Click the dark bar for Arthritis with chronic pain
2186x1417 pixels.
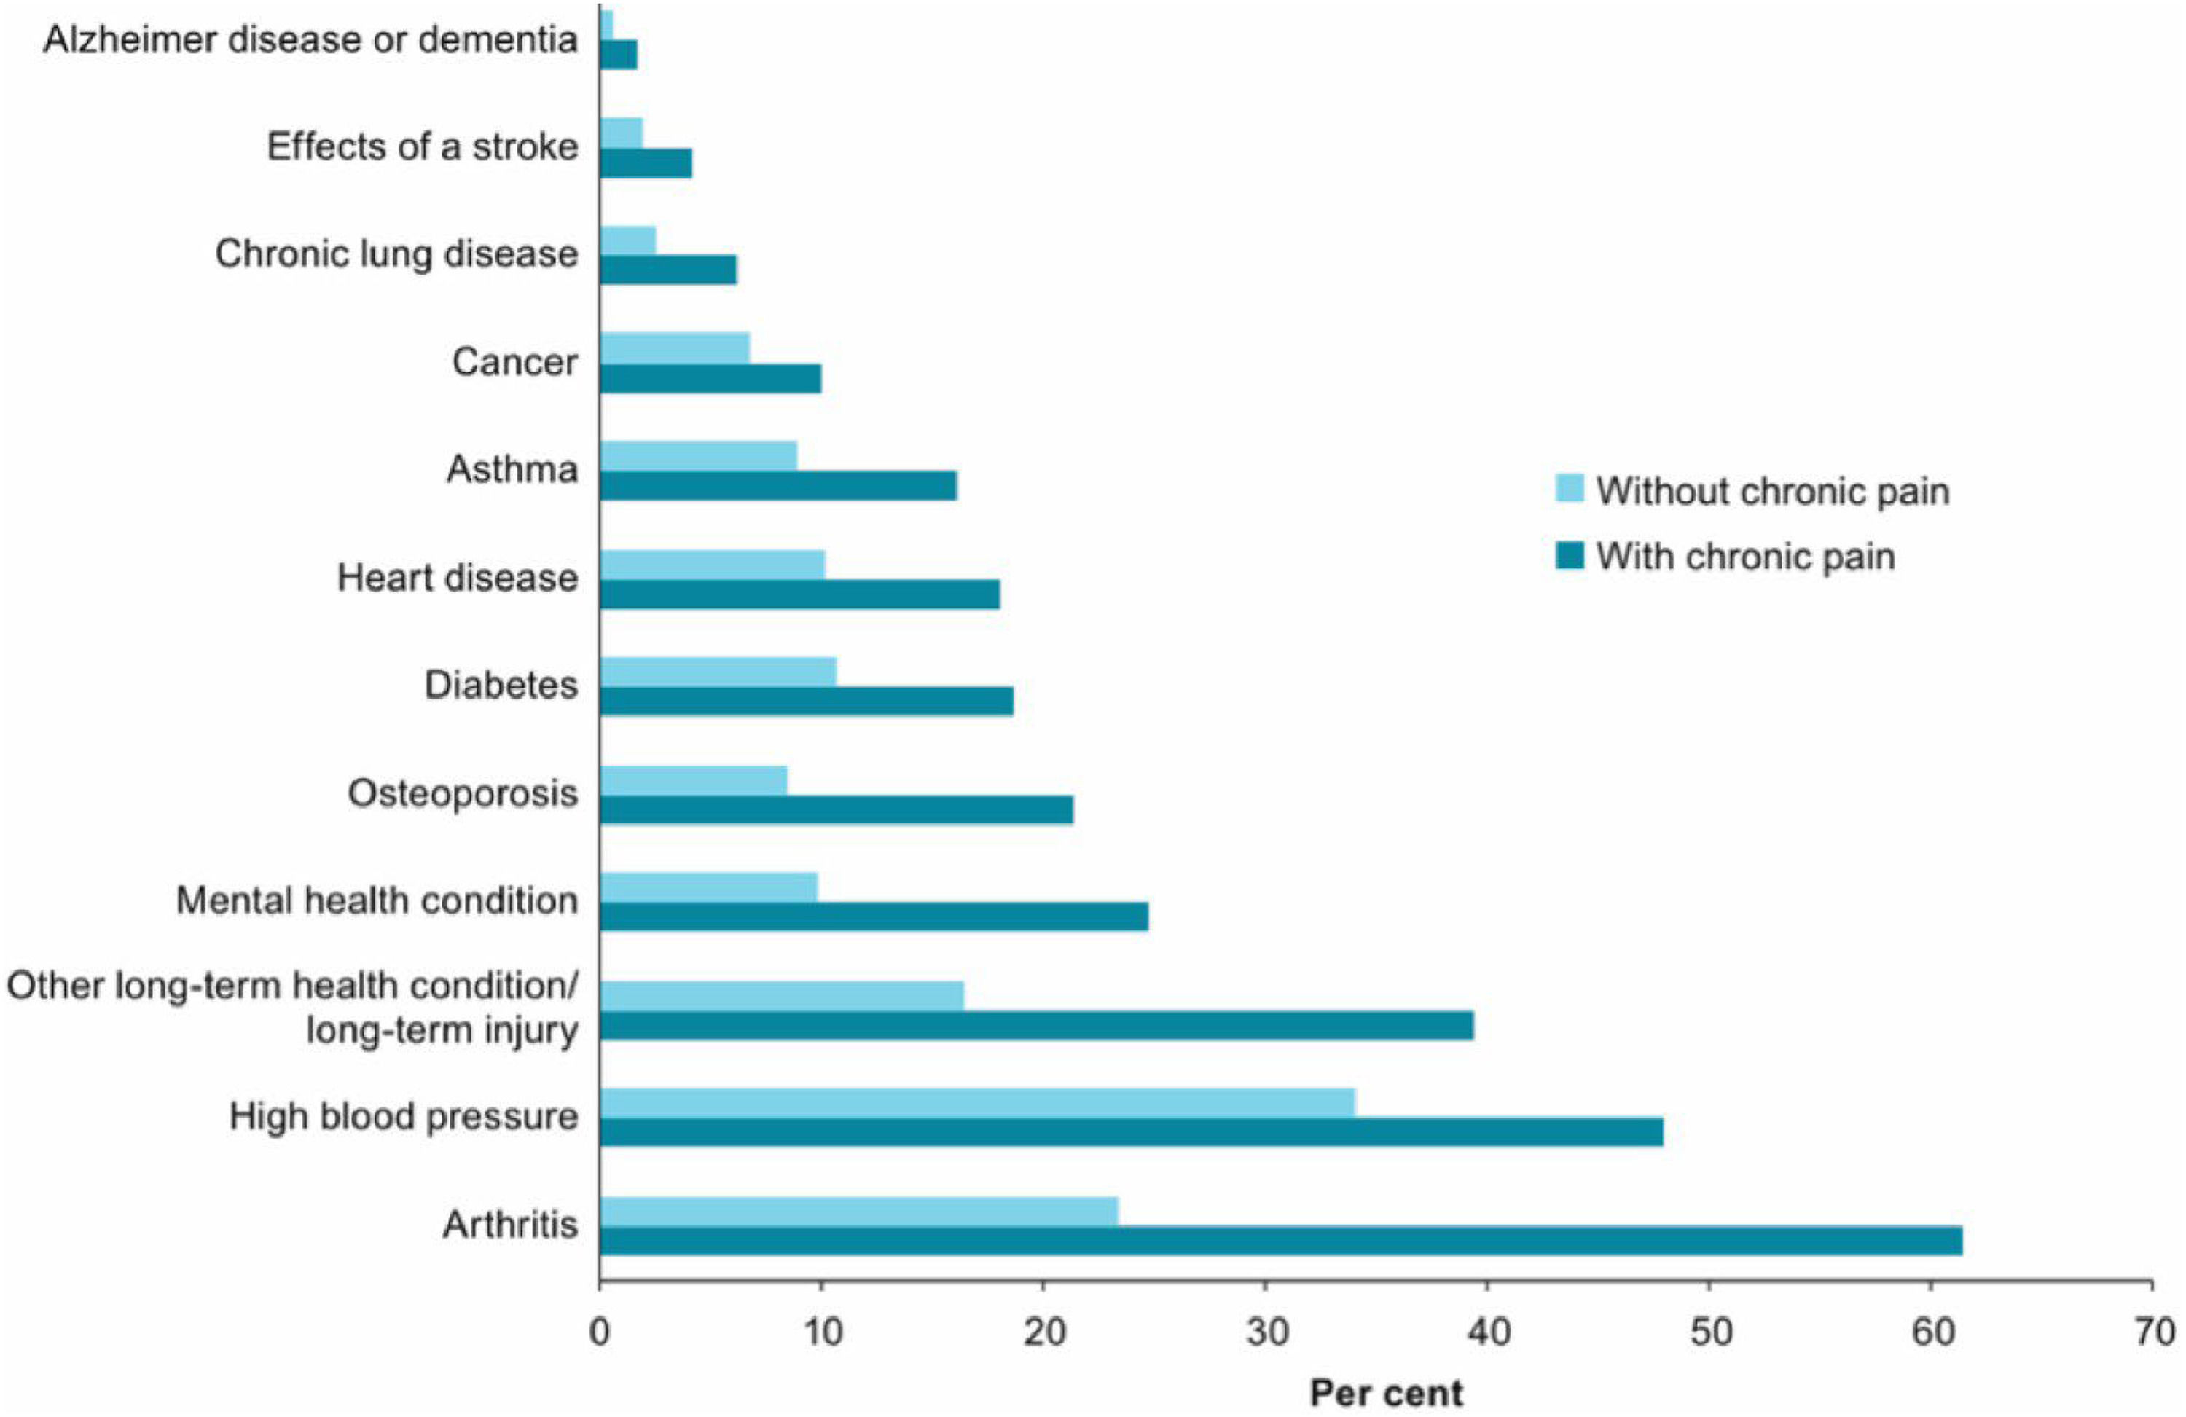1280,1241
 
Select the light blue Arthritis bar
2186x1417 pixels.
859,1212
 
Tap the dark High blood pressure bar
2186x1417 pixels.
1131,1132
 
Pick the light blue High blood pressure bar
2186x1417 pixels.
977,1103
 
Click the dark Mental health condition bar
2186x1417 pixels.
874,916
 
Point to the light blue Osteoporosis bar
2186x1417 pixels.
694,780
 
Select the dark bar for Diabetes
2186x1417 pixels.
807,701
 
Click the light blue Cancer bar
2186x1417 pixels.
674,348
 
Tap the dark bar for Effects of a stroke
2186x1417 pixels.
646,163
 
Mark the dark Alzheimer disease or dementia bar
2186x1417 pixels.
618,55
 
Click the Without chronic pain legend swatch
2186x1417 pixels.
1570,487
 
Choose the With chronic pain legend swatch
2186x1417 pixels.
1570,556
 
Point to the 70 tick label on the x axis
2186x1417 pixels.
2154,1332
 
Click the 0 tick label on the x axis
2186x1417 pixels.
600,1332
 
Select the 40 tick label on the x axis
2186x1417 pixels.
1488,1332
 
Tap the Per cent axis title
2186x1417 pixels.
1386,1393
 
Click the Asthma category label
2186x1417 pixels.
512,469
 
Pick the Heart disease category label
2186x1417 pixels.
458,578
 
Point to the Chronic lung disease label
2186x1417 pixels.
397,254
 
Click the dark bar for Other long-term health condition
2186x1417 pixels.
1036,1025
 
